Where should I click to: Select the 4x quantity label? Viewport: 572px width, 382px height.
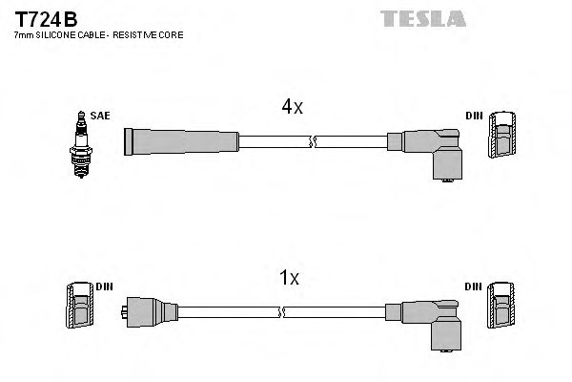pyautogui.click(x=292, y=108)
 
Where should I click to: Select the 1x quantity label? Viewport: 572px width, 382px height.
pyautogui.click(x=289, y=278)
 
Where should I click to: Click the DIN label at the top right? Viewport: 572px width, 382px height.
pyautogui.click(x=474, y=116)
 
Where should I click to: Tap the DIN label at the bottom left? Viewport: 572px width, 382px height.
pyautogui.click(x=103, y=286)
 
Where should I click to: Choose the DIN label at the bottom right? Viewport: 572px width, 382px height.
pyautogui.click(x=474, y=286)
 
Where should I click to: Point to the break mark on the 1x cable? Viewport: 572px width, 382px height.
pyautogui.click(x=283, y=311)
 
